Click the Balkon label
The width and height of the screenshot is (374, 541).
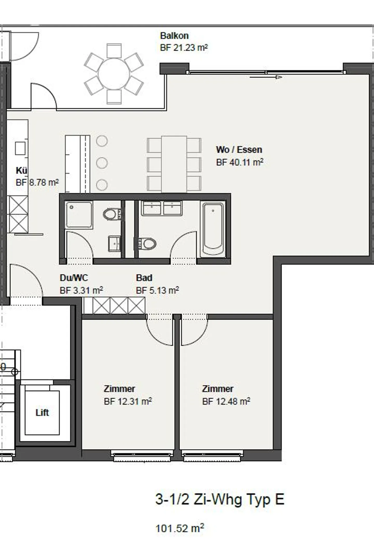pyautogui.click(x=174, y=36)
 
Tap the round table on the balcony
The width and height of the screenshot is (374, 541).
pyautogui.click(x=114, y=74)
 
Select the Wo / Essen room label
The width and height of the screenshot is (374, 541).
pyautogui.click(x=239, y=150)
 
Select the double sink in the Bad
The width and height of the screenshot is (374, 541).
pyautogui.click(x=161, y=208)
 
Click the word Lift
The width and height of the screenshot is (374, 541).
pyautogui.click(x=42, y=412)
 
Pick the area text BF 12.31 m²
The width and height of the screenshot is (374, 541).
pyautogui.click(x=128, y=402)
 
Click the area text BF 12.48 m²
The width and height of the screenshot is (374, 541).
pyautogui.click(x=226, y=402)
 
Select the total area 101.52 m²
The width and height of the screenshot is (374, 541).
pyautogui.click(x=180, y=528)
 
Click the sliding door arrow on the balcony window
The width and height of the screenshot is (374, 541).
pyautogui.click(x=266, y=77)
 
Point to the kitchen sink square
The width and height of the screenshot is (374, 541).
pyautogui.click(x=20, y=149)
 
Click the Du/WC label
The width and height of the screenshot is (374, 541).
pyautogui.click(x=74, y=278)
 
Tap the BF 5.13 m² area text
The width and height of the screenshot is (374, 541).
pyautogui.click(x=157, y=290)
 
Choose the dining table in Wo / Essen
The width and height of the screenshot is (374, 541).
pyautogui.click(x=174, y=164)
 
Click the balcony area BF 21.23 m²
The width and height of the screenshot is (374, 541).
pyautogui.click(x=184, y=48)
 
